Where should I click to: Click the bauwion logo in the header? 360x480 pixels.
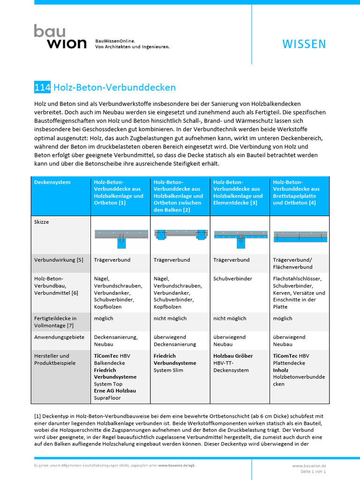[60, 37]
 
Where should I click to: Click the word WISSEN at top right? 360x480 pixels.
[304, 44]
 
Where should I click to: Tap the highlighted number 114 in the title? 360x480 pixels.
[42, 87]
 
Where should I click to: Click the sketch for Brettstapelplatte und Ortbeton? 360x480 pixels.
[300, 237]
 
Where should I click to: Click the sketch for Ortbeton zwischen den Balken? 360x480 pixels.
[180, 235]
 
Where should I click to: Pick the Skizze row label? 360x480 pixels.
[41, 222]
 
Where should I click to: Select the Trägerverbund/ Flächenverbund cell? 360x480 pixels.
[292, 263]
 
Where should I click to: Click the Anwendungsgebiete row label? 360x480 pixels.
[59, 337]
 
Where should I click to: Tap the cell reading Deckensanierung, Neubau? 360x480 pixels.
[116, 340]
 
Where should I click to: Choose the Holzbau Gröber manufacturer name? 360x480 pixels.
[233, 356]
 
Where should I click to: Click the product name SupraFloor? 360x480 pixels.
[107, 398]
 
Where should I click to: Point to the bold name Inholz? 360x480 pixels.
[281, 370]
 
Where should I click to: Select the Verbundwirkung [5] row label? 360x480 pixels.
[59, 260]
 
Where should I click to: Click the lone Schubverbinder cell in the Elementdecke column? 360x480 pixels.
[232, 278]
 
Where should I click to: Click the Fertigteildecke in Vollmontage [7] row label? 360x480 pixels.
[55, 322]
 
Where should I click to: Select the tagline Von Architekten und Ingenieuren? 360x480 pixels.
[132, 47]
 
